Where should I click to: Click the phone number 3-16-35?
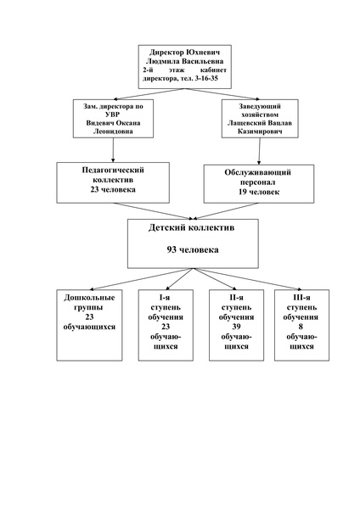pos(206,79)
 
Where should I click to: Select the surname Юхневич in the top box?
pos(203,53)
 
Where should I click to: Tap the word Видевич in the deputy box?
pos(99,123)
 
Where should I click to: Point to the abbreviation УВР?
pos(113,115)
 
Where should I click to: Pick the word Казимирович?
pos(260,131)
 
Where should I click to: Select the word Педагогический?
pos(113,171)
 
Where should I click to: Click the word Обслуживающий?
pos(257,172)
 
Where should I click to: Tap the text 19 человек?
pos(259,192)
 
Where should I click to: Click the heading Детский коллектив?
pos(191,227)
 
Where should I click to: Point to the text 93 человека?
pos(193,249)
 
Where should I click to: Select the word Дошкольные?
pos(89,298)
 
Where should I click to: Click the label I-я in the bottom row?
pos(165,298)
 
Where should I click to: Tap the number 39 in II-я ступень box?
pos(236,327)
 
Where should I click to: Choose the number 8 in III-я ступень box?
pos(301,327)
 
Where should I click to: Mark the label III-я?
pos(301,298)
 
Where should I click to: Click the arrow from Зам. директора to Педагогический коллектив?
pos(113,150)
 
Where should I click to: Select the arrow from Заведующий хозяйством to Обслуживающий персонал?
pos(259,151)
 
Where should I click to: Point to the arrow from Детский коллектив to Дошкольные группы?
pos(142,279)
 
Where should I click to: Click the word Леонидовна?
pos(113,131)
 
